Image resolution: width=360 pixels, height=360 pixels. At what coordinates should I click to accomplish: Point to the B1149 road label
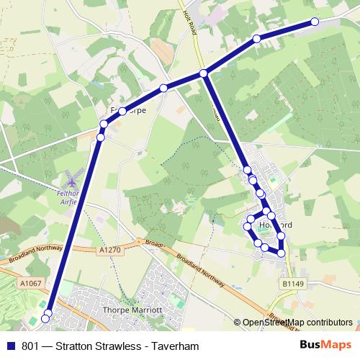(x=292, y=285)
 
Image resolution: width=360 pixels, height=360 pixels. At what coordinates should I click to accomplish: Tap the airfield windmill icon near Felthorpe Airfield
(x=71, y=177)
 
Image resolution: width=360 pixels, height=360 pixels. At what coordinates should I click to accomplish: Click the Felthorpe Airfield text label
(x=71, y=198)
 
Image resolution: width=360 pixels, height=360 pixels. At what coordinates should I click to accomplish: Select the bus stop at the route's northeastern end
(x=315, y=22)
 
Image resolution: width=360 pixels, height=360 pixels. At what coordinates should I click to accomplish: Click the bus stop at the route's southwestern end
(x=47, y=318)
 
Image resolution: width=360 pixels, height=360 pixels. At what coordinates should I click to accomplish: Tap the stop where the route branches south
(x=204, y=73)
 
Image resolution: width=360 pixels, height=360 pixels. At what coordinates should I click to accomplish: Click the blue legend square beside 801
(x=11, y=346)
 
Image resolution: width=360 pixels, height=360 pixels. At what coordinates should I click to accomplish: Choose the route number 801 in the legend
(x=31, y=346)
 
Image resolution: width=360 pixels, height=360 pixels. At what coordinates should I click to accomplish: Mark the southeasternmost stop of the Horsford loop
(x=281, y=253)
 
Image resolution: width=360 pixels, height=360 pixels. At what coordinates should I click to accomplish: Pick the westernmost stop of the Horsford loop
(x=247, y=227)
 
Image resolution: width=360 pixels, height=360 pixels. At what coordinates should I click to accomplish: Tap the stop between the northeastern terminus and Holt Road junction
(x=256, y=39)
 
